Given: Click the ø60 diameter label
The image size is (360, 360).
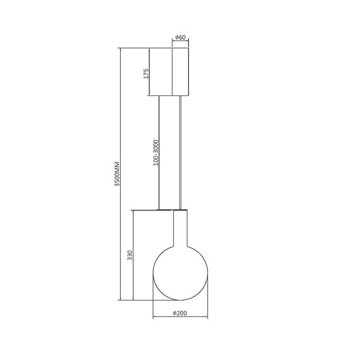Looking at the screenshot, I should (180, 39).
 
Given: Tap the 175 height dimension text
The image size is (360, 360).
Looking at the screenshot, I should (145, 73).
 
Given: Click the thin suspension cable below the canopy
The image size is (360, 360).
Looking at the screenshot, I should (183, 152).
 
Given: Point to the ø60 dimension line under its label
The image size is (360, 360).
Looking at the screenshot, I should (181, 44).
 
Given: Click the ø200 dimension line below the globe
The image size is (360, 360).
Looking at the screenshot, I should (181, 317).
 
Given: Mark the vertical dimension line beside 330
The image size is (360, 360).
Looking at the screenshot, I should (135, 255).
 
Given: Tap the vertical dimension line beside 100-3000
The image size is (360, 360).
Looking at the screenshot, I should (160, 152).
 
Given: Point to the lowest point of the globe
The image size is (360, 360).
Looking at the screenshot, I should (181, 299).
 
